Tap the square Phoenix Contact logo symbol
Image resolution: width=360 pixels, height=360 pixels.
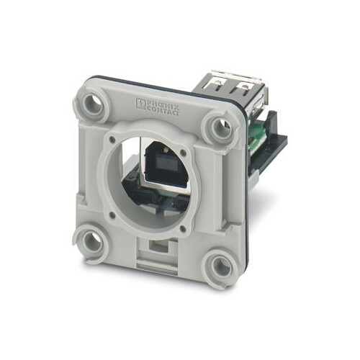(140, 103)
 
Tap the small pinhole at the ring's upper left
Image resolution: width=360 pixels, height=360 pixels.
(111, 139)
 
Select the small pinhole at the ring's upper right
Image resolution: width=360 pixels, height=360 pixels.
(184, 153)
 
